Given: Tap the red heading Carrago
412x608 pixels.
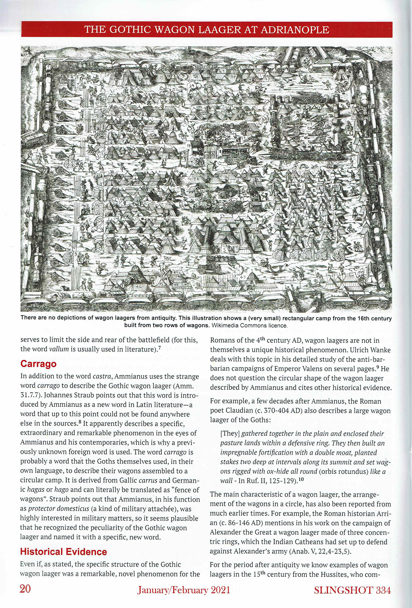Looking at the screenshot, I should tap(38, 364).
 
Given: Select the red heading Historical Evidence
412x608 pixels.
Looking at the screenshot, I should tap(64, 552).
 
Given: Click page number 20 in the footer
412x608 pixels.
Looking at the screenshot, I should tap(25, 589).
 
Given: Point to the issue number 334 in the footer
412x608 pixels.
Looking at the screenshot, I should tap(383, 590).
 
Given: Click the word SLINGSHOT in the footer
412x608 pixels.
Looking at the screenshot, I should tap(343, 590).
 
